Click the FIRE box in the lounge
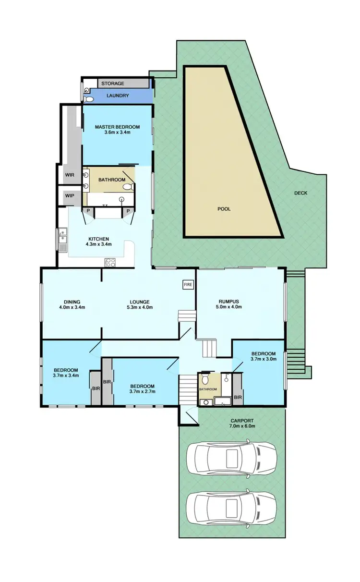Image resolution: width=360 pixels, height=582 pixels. click(188, 285)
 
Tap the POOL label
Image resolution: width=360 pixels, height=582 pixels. click(224, 209)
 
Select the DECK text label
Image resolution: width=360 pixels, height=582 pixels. click(301, 193)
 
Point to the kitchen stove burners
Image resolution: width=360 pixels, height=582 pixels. click(111, 262)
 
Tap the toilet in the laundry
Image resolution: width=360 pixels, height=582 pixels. click(88, 98)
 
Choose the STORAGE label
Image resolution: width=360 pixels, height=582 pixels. click(112, 84)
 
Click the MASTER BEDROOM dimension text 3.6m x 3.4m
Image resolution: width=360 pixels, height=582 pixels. click(117, 133)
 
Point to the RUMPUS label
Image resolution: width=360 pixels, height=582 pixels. click(228, 302)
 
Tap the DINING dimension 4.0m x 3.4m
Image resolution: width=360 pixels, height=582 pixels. click(72, 307)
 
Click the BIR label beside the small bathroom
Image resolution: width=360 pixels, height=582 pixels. click(238, 398)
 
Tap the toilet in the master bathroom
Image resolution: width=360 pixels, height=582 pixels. click(128, 186)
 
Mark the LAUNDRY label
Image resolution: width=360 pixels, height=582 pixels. click(118, 96)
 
